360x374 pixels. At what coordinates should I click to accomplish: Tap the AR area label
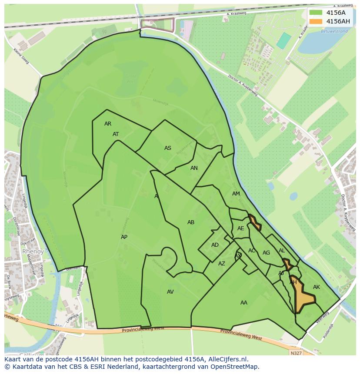tap(108, 124)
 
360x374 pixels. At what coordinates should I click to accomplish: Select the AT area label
tap(116, 134)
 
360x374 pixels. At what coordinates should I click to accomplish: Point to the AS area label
tap(168, 148)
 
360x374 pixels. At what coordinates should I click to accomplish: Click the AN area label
tap(194, 168)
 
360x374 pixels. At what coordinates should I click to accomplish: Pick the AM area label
tap(236, 194)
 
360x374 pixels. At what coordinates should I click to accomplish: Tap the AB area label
tap(191, 222)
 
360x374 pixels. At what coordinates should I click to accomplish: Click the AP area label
tap(124, 237)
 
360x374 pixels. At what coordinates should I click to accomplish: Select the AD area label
tap(215, 245)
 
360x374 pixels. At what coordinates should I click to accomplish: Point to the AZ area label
tap(222, 264)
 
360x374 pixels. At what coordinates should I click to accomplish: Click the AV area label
tap(170, 292)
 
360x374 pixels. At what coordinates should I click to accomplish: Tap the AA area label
tap(244, 303)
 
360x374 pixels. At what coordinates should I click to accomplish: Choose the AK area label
tap(317, 287)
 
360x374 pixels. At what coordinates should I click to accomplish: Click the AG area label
tap(267, 253)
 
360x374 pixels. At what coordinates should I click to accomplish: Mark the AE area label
tap(240, 228)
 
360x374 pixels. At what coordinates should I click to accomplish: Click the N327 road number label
tap(296, 353)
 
